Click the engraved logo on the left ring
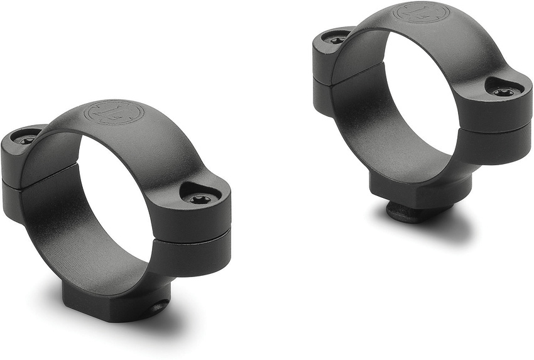(116, 112)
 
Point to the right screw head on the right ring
(503, 92)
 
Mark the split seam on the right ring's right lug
(496, 129)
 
